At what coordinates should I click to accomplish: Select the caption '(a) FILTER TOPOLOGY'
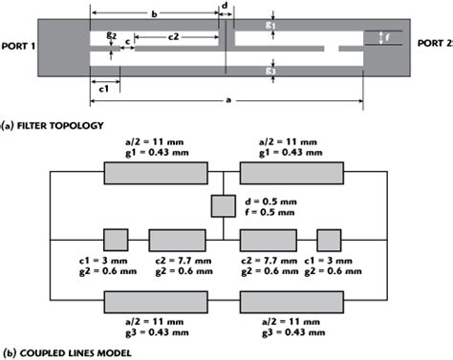click(54, 124)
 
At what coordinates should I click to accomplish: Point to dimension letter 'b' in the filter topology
click(154, 14)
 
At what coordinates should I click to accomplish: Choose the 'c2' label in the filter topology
click(174, 35)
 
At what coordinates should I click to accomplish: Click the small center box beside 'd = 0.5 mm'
click(223, 205)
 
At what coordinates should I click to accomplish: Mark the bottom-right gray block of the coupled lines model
click(291, 302)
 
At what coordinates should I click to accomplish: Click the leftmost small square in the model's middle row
click(116, 239)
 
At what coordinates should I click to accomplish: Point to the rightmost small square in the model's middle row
click(330, 239)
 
